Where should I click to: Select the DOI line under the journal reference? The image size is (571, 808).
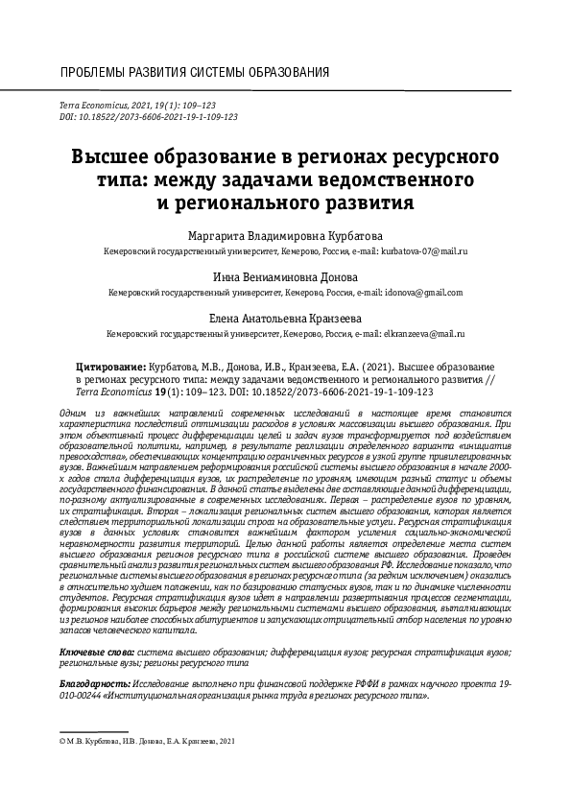coord(149,114)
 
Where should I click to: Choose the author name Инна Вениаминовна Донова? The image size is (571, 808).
coord(285,275)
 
